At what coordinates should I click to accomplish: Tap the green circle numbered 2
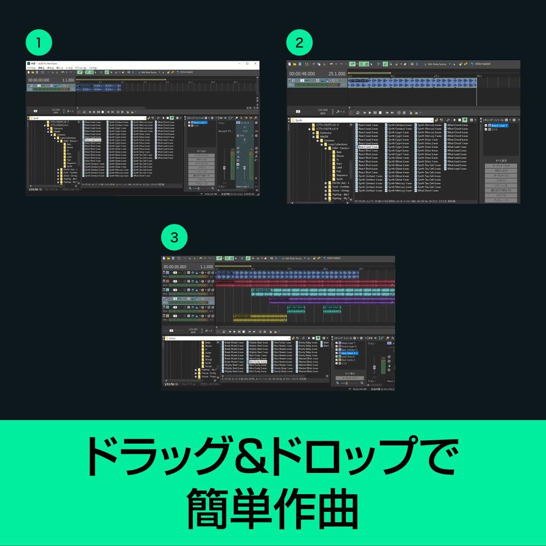click(x=299, y=43)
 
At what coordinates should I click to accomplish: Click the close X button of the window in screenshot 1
click(x=256, y=63)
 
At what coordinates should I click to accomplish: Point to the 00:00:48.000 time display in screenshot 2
click(x=302, y=74)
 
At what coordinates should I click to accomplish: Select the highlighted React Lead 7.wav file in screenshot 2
click(x=368, y=147)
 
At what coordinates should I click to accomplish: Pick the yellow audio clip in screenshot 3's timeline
click(x=260, y=317)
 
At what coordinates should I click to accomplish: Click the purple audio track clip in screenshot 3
click(x=331, y=300)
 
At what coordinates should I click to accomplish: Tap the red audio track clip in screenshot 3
click(x=304, y=283)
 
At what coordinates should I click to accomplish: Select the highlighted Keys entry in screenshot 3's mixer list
click(x=349, y=354)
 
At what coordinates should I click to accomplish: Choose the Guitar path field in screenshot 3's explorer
click(x=224, y=338)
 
